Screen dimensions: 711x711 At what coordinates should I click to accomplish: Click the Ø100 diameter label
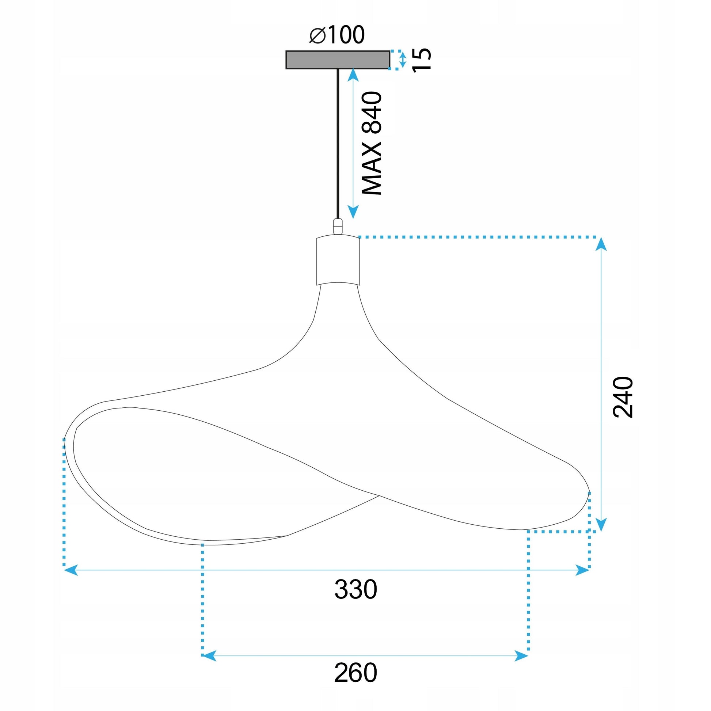pos(337,35)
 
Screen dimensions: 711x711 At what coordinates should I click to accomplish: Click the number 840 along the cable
pos(372,112)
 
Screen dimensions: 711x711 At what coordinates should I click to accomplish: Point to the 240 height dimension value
pos(623,397)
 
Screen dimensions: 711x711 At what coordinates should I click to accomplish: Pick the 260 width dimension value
pos(355,673)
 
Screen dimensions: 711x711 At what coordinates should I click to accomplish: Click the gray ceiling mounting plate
pos(338,60)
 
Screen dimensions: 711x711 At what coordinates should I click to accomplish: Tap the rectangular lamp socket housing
pos(338,261)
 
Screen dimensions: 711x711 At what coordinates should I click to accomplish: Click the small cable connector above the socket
pos(338,226)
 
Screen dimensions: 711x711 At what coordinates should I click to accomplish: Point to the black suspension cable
pos(338,144)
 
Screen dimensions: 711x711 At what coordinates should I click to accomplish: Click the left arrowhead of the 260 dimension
pos(209,656)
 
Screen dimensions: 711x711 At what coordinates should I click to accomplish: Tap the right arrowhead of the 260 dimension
pos(522,656)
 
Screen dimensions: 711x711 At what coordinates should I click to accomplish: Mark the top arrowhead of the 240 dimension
pos(601,244)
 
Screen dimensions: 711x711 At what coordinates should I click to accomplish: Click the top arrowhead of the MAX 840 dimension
pos(353,75)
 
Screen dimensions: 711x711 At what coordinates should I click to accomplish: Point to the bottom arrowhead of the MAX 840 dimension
pos(353,212)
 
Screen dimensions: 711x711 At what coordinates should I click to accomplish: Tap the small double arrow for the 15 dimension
pos(403,60)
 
